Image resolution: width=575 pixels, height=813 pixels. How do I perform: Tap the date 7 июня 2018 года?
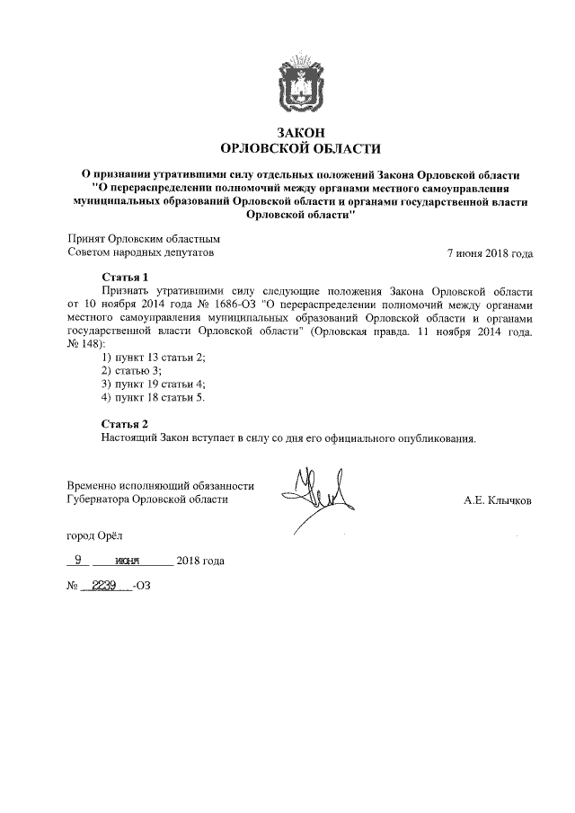pos(490,253)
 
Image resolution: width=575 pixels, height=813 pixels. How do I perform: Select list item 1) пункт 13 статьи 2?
pos(154,358)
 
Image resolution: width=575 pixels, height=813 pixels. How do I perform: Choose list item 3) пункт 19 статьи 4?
pos(154,384)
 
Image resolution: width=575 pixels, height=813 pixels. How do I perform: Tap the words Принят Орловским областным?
pos(144,240)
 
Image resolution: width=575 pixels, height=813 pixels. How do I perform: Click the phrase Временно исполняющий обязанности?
pos(161,485)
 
